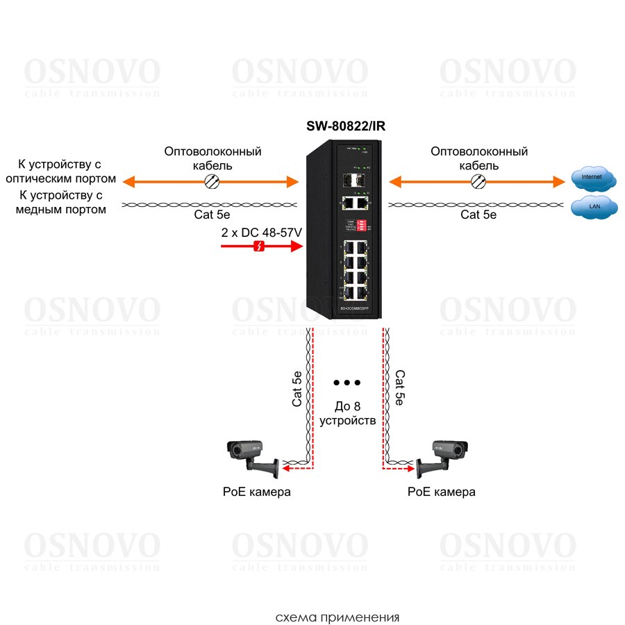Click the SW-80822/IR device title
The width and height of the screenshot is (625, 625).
point(345,126)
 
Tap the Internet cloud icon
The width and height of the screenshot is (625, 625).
point(593,179)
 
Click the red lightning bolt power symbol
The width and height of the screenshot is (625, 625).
point(258,247)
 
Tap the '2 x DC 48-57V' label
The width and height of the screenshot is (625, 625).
point(261,232)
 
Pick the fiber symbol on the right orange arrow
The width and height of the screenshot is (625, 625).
point(478,182)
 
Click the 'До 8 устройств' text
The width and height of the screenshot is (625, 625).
point(347,412)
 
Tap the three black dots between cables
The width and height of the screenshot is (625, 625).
point(347,383)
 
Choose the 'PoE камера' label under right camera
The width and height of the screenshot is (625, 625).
point(442,492)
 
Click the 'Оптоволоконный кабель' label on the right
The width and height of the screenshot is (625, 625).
point(479,158)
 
